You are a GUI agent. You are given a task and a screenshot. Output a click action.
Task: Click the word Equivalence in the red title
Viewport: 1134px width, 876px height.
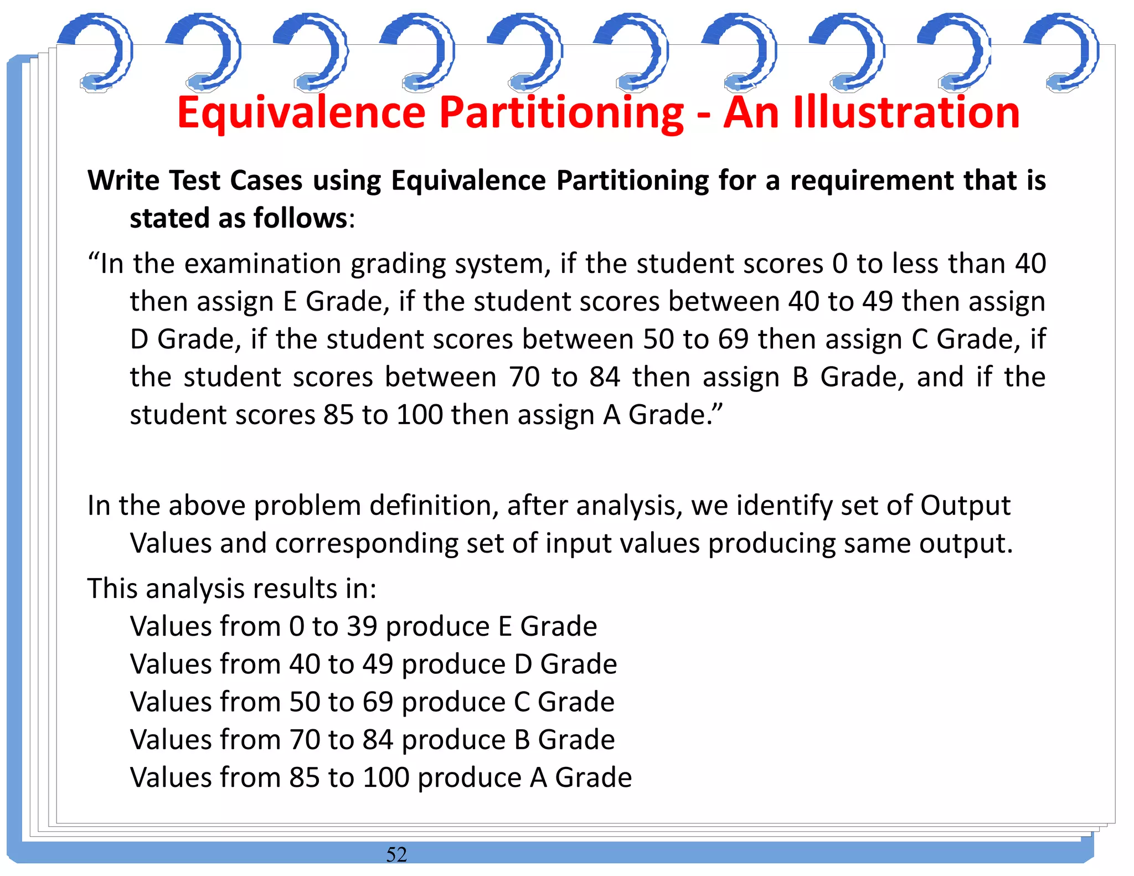click(301, 113)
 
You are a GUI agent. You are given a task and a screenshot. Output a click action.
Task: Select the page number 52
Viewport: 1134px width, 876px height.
click(396, 854)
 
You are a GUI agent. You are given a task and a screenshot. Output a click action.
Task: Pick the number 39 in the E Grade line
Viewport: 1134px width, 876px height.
click(362, 627)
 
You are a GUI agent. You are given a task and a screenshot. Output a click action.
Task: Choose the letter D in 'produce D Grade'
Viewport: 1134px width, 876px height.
click(523, 664)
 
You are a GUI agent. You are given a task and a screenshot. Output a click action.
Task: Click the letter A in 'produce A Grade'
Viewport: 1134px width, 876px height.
click(539, 778)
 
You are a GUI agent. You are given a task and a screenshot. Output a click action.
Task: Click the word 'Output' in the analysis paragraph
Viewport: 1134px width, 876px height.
click(965, 506)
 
